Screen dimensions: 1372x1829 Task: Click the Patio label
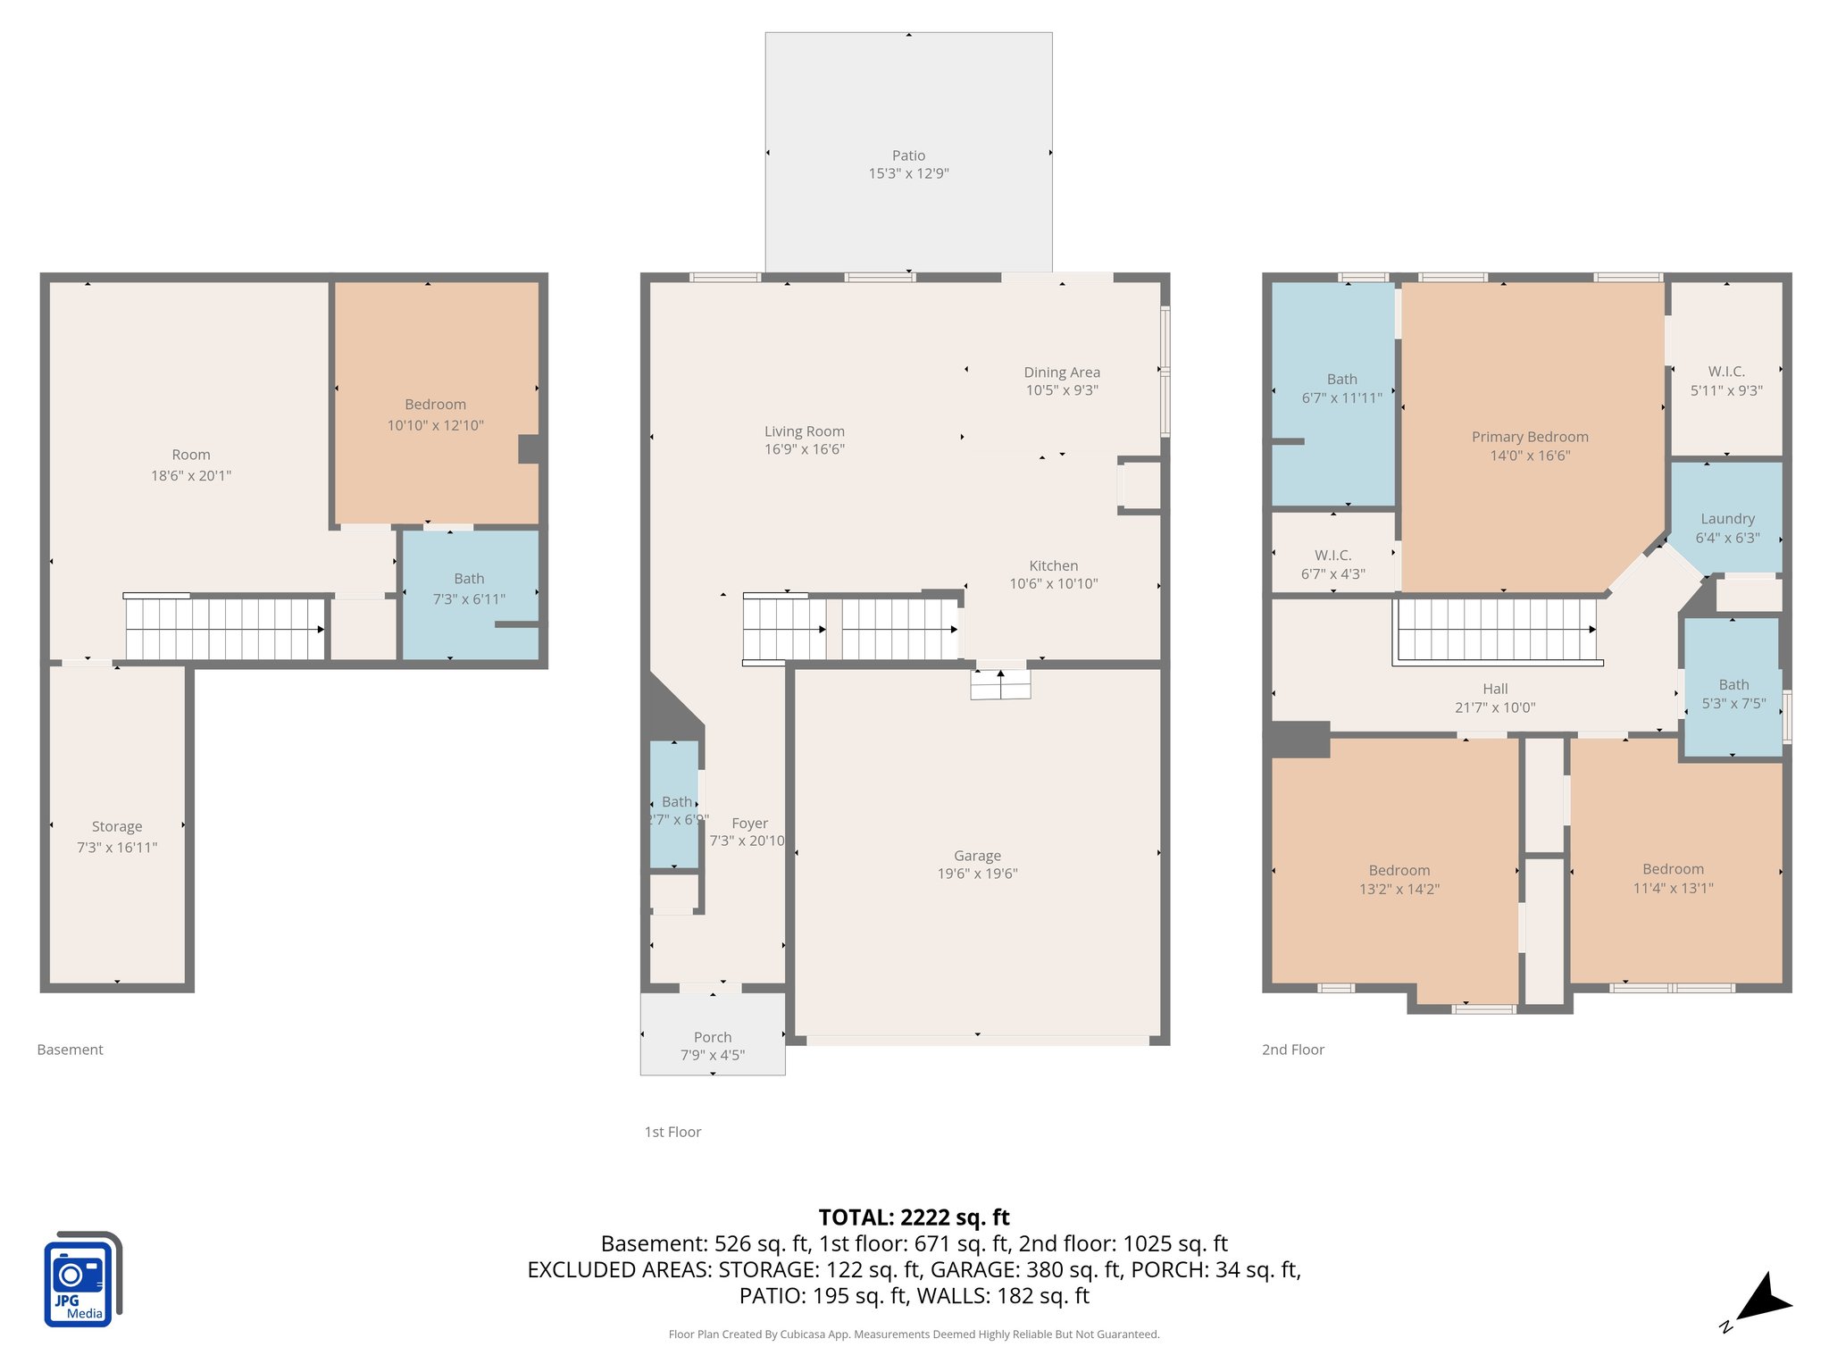pos(908,155)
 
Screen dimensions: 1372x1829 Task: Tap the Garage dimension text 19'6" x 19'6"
pos(977,874)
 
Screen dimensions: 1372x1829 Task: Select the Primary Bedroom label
pos(1530,437)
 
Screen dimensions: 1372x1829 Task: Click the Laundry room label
pos(1727,519)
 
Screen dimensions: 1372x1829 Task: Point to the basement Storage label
pos(117,827)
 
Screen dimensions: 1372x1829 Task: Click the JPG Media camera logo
pos(82,1279)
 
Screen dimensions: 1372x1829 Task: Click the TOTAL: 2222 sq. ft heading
pos(914,1217)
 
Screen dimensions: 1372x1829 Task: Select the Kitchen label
pos(1054,566)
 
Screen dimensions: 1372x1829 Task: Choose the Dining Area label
pos(1062,372)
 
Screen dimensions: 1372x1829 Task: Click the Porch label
pos(713,1037)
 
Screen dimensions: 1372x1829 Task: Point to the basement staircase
pos(224,629)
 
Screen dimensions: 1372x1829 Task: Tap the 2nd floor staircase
pos(1496,629)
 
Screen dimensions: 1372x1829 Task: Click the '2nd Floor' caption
pos(1292,1050)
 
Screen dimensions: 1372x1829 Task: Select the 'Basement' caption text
pos(70,1050)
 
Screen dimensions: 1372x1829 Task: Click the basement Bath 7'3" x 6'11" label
pos(469,589)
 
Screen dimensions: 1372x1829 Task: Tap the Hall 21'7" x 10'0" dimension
pos(1495,707)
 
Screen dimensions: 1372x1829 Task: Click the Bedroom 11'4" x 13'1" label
pos(1673,878)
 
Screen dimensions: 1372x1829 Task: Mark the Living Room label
pos(804,431)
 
